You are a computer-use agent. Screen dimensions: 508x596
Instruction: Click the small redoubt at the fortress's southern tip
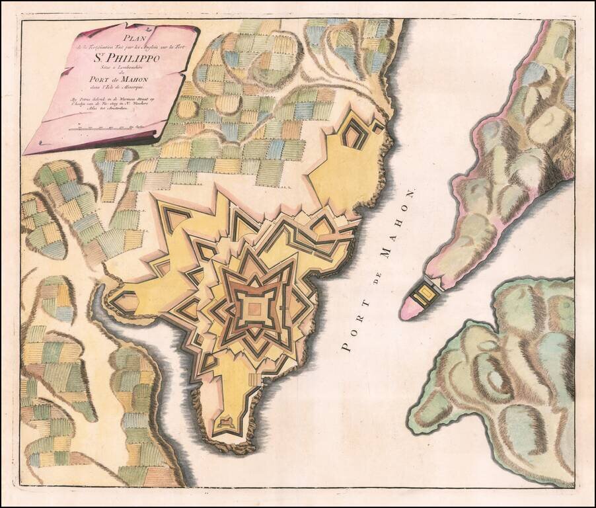pos(225,421)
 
